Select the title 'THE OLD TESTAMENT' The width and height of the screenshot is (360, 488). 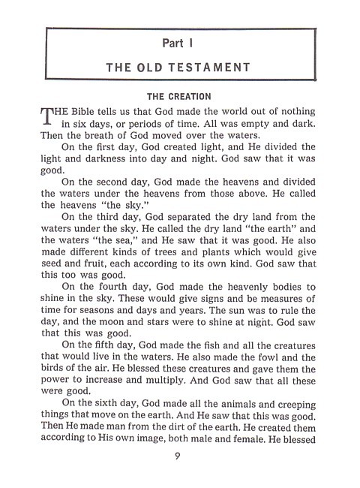click(x=179, y=67)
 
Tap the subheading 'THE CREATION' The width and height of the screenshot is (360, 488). click(x=179, y=96)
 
